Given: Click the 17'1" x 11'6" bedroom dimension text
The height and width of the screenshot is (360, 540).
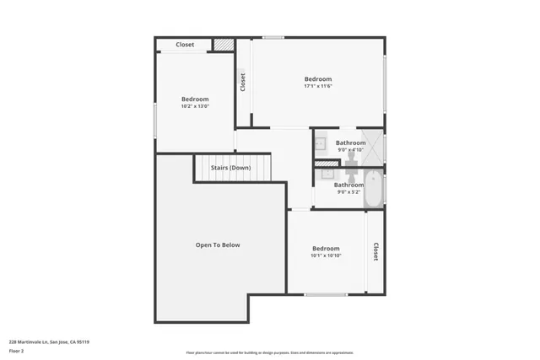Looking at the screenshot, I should coord(318,86).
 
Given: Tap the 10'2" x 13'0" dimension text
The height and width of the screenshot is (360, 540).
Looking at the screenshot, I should coord(194,106).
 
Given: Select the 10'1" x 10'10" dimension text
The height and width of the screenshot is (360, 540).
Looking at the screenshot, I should coord(326,255).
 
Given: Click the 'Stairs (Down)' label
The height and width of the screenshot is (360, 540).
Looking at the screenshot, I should coord(230,168).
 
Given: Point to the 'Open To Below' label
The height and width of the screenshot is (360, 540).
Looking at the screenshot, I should coord(218,245).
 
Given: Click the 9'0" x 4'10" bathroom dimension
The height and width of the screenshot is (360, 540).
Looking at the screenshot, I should coord(350,150).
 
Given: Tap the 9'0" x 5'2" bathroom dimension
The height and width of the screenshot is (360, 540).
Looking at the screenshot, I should coord(348,192).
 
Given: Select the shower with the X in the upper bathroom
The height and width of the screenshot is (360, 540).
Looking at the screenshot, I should coord(374,147).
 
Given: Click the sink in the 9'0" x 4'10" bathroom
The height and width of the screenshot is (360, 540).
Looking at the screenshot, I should coord(321,144).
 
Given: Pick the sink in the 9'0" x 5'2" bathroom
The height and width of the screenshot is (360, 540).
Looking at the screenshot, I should coord(327,175).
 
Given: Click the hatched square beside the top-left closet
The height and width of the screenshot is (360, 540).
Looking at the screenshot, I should coord(223,45).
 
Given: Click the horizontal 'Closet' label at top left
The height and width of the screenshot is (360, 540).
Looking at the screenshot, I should coord(185,45).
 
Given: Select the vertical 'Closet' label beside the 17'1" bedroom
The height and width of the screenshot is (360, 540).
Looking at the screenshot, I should coord(243,83).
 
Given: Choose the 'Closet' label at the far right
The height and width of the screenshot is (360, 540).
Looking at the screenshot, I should coord(375,252).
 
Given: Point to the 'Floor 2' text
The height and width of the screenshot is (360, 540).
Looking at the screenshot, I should coord(17,351).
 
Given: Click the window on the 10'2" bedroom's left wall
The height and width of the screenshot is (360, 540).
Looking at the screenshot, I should coord(154,119).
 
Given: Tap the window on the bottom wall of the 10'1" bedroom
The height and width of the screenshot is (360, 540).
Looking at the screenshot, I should coord(326,294).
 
